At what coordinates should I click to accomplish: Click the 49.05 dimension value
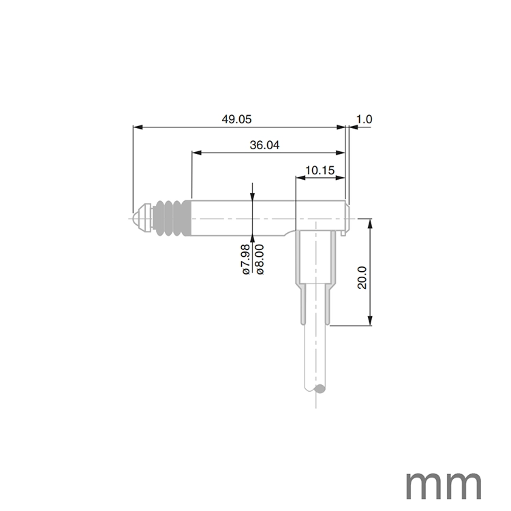(236, 119)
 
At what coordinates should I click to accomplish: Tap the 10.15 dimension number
(320, 170)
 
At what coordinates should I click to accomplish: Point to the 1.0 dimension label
(364, 119)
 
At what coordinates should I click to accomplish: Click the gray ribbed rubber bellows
(170, 219)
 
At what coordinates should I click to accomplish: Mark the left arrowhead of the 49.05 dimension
(136, 127)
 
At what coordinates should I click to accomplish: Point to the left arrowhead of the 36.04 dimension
(196, 153)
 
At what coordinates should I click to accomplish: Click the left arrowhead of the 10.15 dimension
(299, 178)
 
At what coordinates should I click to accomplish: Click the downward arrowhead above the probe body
(253, 197)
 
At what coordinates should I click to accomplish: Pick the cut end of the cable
(318, 390)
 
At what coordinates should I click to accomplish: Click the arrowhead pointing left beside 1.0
(352, 127)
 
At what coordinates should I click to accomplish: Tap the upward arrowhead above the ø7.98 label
(253, 239)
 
